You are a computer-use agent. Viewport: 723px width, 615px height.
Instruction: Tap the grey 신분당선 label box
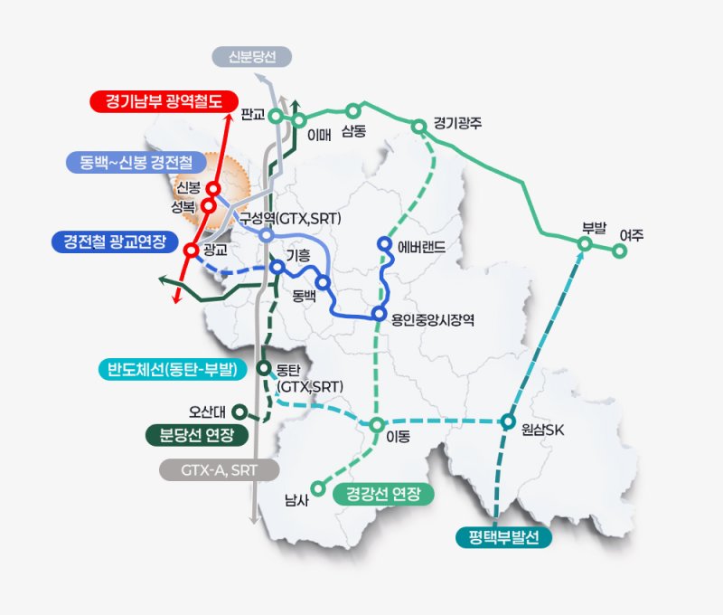pos(252,56)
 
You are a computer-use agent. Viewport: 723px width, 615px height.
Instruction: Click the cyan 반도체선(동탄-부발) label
pos(172,369)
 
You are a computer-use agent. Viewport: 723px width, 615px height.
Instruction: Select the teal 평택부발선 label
pos(503,538)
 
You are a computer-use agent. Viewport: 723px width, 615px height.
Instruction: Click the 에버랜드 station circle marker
pos(384,245)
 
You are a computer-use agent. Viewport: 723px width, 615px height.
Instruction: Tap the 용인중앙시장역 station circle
pos(380,315)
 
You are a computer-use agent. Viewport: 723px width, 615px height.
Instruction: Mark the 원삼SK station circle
pos(508,421)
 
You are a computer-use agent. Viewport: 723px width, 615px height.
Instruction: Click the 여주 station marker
pos(620,251)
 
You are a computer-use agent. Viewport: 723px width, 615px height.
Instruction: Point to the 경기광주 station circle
pos(418,127)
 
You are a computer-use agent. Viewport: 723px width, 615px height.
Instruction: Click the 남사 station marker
pos(316,487)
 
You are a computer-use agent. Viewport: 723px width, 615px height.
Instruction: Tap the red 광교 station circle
pos(191,250)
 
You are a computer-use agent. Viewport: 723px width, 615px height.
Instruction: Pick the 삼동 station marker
pos(353,111)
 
